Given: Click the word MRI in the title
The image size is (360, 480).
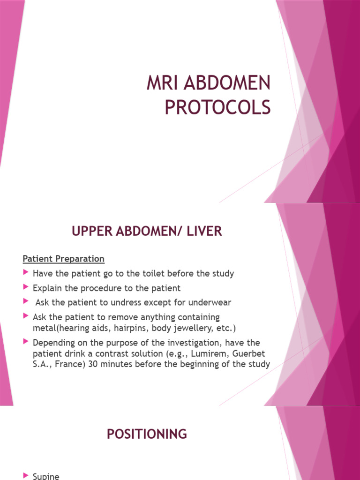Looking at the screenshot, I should tap(161, 84).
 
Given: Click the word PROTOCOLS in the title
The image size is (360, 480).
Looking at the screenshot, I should tap(217, 107).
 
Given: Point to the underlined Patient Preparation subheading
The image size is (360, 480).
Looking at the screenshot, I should tap(64, 259).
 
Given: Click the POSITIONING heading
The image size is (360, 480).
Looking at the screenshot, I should tap(147, 434).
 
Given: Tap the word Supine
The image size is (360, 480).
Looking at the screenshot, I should tap(46, 476).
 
